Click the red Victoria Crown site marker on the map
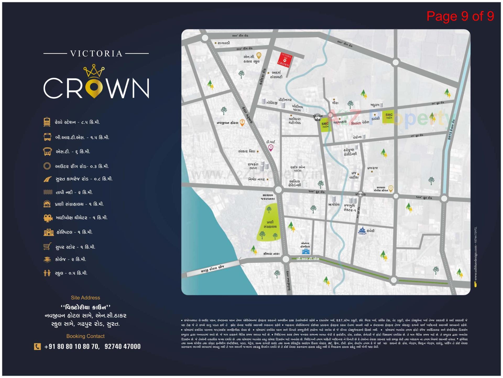click(285, 60)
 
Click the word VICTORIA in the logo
click(96, 54)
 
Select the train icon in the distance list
click(47, 122)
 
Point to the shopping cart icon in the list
click(47, 247)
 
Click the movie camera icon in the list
click(47, 218)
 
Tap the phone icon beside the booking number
click(37, 347)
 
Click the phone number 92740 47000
click(123, 347)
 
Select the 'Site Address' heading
click(85, 298)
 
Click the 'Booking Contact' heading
click(85, 336)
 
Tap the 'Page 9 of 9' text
click(460, 16)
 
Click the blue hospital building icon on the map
click(305, 251)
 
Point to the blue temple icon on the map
click(362, 231)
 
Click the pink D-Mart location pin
click(271, 148)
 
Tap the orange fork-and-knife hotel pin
click(242, 123)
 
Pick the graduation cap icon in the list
click(47, 259)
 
